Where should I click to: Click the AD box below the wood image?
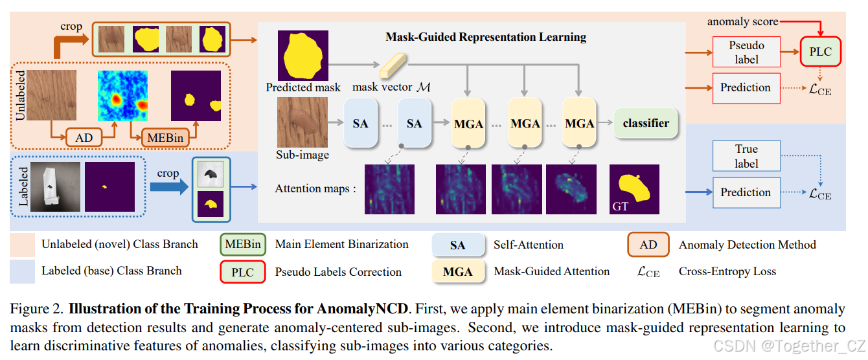[x=84, y=137]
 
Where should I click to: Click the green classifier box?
[x=646, y=123]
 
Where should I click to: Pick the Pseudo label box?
[x=746, y=51]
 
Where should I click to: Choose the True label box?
[x=746, y=156]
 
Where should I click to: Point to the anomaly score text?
[x=742, y=21]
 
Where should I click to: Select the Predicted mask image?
[x=303, y=55]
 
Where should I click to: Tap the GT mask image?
[x=634, y=188]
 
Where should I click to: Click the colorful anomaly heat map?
[x=122, y=96]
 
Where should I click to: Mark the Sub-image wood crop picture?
[x=303, y=123]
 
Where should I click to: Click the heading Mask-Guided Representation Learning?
[x=486, y=37]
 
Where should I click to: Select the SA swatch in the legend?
[x=458, y=245]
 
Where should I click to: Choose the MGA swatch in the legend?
[x=458, y=272]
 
